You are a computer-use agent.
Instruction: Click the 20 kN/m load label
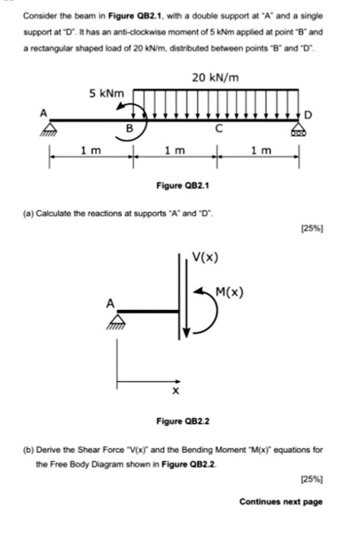215,77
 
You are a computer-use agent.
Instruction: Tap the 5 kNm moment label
106,94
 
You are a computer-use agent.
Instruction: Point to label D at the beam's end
309,115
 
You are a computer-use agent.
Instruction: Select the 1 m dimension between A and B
91,150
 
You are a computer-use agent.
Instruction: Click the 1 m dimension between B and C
175,150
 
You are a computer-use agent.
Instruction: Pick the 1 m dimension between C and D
261,150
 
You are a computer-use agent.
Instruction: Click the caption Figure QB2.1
183,185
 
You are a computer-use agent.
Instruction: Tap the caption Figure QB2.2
183,421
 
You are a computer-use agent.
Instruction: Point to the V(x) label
205,257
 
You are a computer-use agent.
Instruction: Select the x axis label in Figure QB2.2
176,391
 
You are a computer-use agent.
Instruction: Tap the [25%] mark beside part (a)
312,228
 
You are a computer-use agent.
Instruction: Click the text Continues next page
281,502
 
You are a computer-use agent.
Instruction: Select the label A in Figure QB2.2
111,303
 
